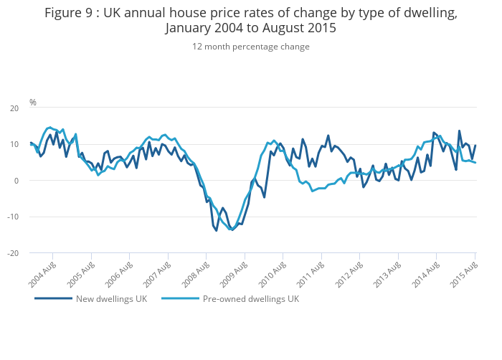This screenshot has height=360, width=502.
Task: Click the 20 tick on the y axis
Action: [14, 108]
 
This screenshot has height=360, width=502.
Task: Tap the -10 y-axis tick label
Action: [12, 217]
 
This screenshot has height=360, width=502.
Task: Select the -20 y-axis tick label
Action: [12, 253]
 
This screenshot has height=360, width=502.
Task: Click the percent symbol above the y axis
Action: [32, 103]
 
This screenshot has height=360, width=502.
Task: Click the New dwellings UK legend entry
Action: [111, 299]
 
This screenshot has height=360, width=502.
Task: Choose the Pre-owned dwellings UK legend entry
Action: [250, 299]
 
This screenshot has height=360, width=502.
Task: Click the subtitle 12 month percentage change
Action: [250, 47]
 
